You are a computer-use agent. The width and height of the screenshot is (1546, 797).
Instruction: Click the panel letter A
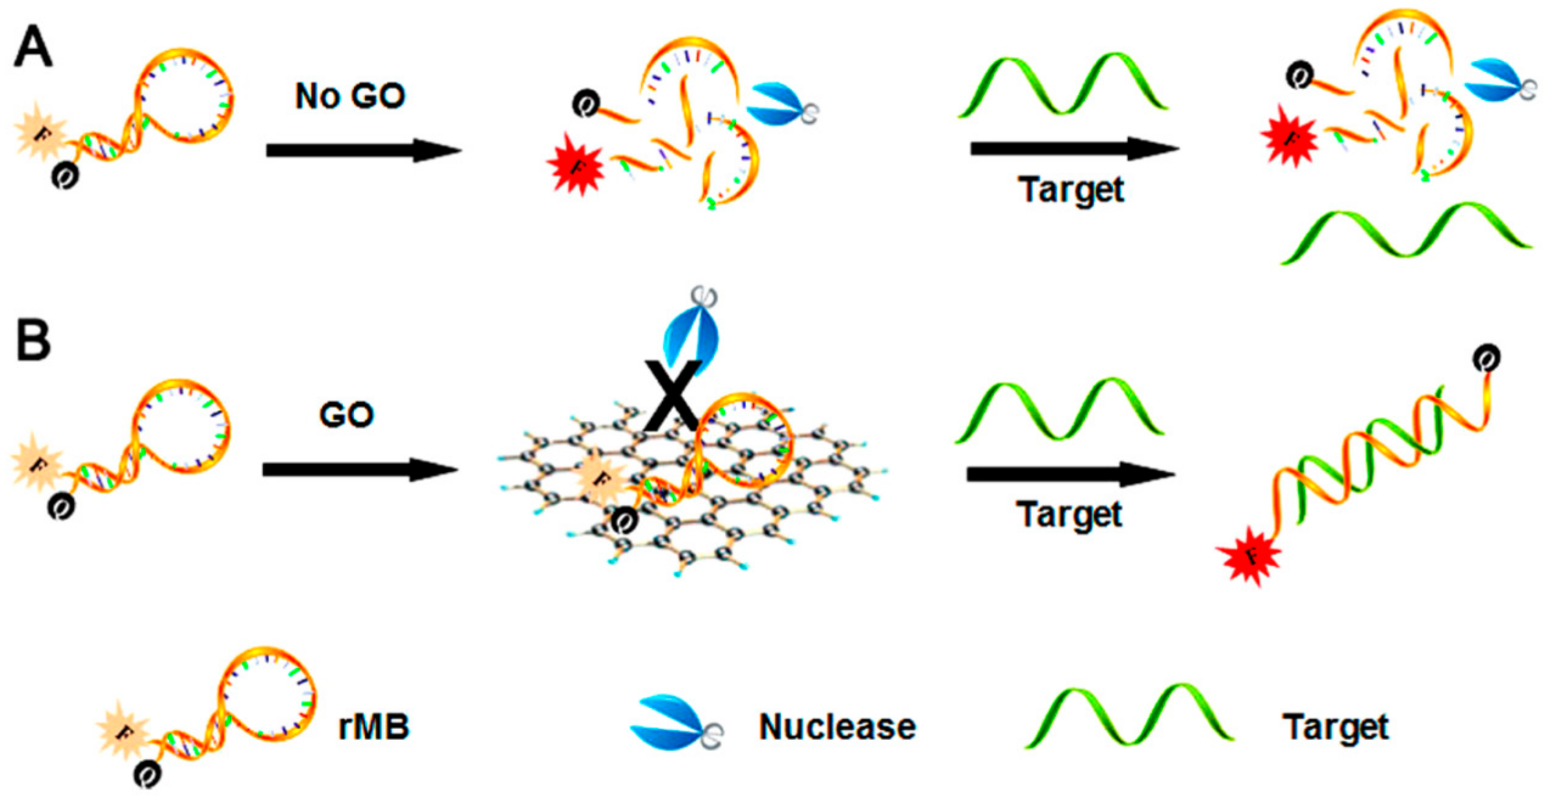click(x=32, y=48)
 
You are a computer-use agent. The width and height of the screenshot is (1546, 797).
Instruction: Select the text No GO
click(x=350, y=96)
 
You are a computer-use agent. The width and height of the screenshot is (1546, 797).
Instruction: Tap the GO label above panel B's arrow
click(x=347, y=414)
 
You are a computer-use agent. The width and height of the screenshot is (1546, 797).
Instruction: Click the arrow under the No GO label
click(x=363, y=151)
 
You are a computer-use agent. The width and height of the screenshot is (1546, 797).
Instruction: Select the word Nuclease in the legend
click(x=837, y=727)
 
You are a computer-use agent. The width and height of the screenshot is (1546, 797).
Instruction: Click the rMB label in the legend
click(x=374, y=727)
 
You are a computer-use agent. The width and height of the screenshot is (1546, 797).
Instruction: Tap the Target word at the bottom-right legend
click(x=1336, y=727)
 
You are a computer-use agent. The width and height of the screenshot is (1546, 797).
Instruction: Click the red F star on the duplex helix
click(x=1249, y=556)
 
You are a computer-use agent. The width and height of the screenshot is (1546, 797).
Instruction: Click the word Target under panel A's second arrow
click(x=1071, y=189)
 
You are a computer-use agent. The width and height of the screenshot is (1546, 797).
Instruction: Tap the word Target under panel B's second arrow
click(x=1069, y=515)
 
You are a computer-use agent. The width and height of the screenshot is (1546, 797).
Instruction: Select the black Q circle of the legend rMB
click(x=147, y=773)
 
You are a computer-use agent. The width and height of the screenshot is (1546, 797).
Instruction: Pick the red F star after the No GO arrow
click(x=575, y=165)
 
